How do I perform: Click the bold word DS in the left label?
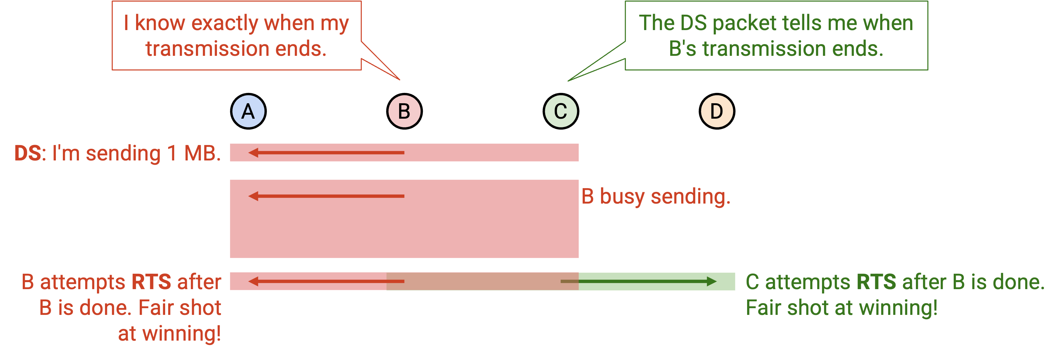(27, 153)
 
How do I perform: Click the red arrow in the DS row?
(326, 153)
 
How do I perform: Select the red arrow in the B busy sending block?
(326, 196)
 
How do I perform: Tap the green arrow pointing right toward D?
(638, 281)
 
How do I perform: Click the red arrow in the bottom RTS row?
(326, 281)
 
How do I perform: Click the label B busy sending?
(656, 196)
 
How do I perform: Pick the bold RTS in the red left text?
(151, 282)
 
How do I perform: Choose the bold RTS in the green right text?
(876, 282)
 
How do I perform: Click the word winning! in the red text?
(182, 334)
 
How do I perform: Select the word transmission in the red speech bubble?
(207, 48)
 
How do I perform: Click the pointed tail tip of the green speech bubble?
(568, 81)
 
